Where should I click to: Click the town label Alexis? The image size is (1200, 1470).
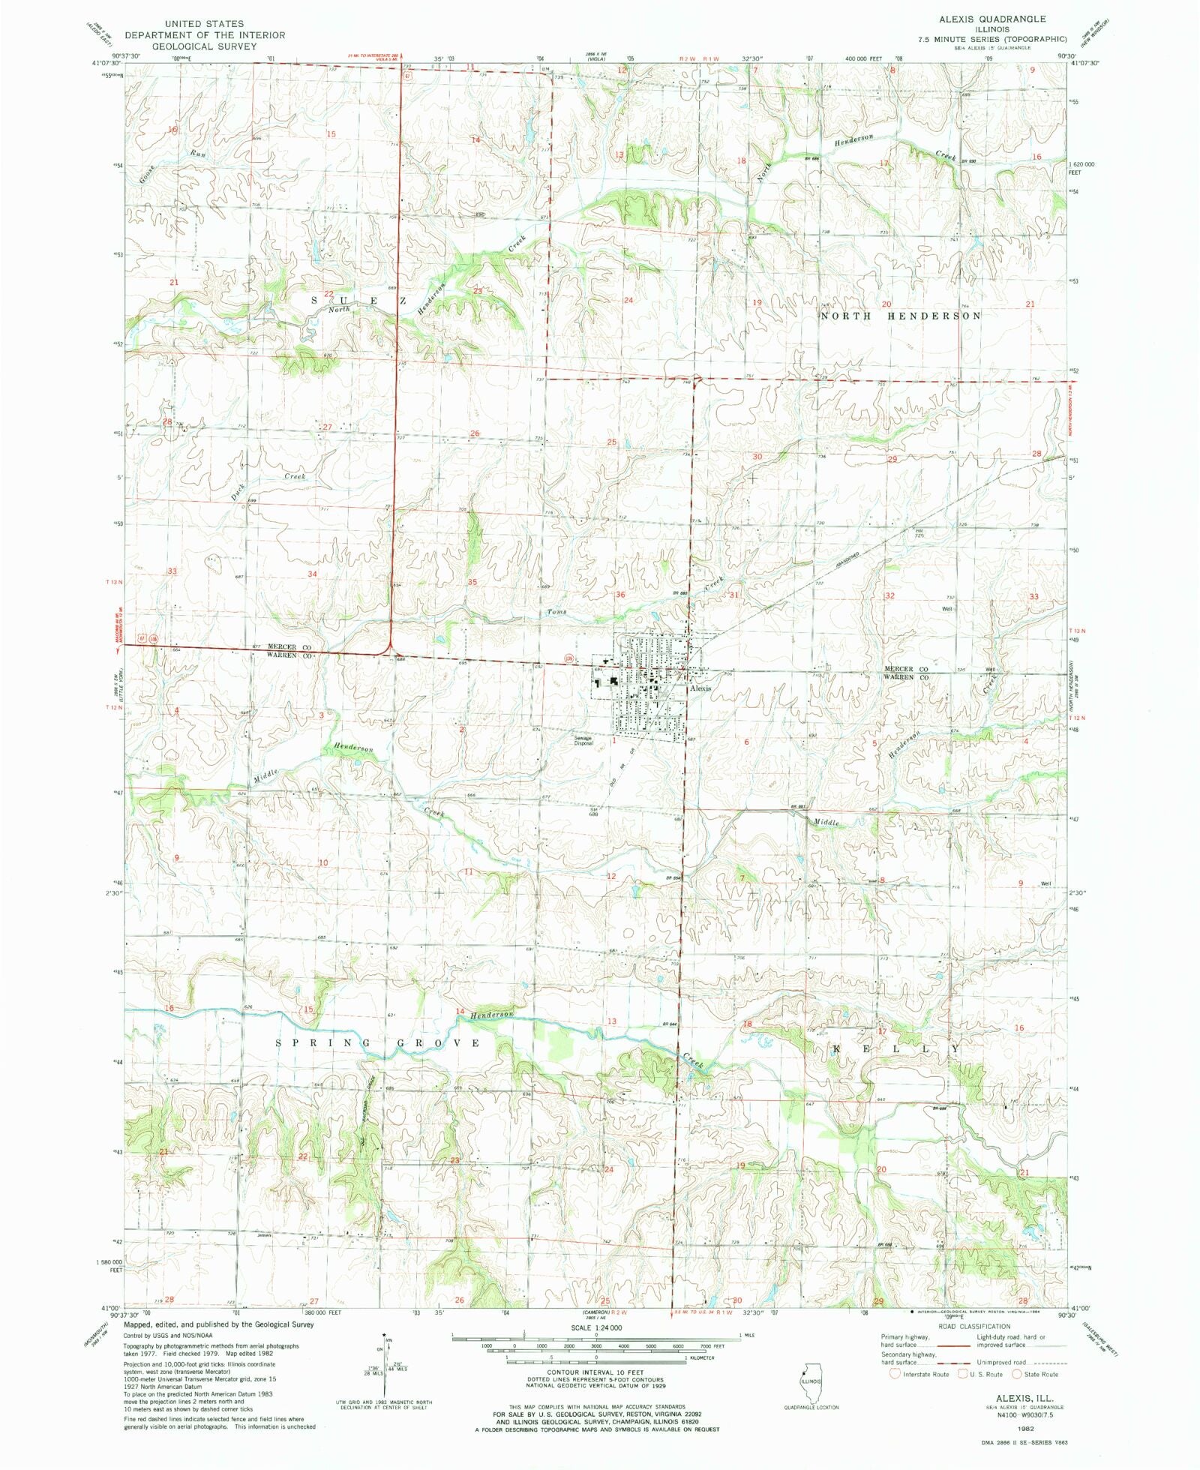[700, 688]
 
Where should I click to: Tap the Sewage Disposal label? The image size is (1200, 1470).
[583, 740]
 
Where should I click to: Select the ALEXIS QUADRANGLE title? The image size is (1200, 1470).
[991, 18]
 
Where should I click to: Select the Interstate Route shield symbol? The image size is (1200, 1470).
[894, 1374]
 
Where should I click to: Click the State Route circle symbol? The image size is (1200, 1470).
[1017, 1374]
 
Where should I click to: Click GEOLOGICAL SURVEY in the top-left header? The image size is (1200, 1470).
[204, 46]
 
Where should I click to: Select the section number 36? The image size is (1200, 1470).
[620, 595]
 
